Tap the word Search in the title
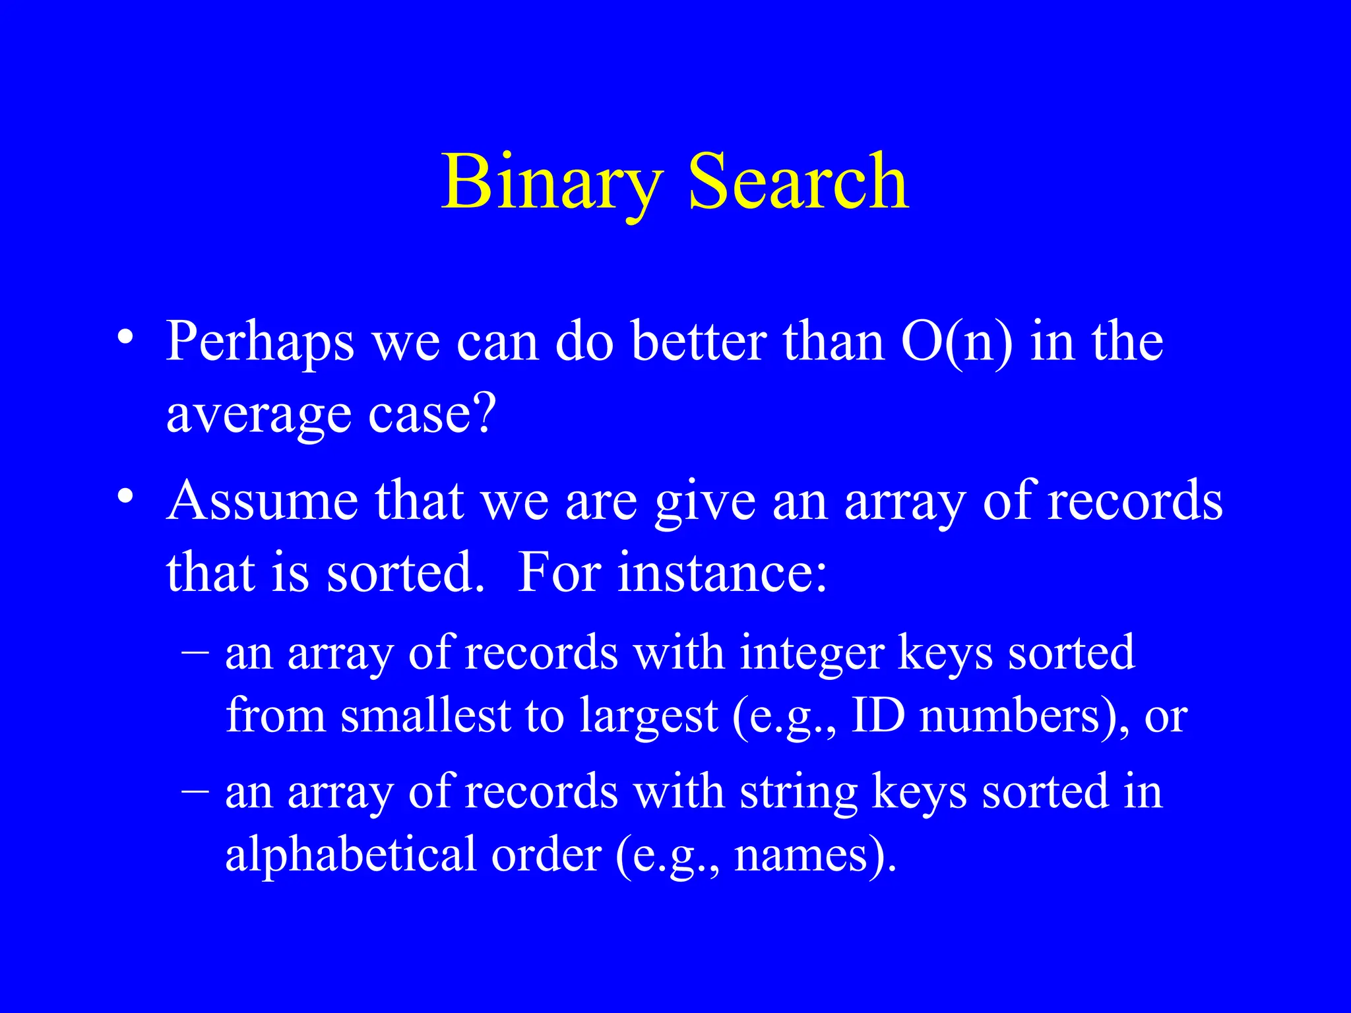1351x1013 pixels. click(798, 181)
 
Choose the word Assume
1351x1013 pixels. click(263, 501)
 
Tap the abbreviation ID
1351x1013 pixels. click(878, 716)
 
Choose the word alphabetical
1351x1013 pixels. click(350, 855)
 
